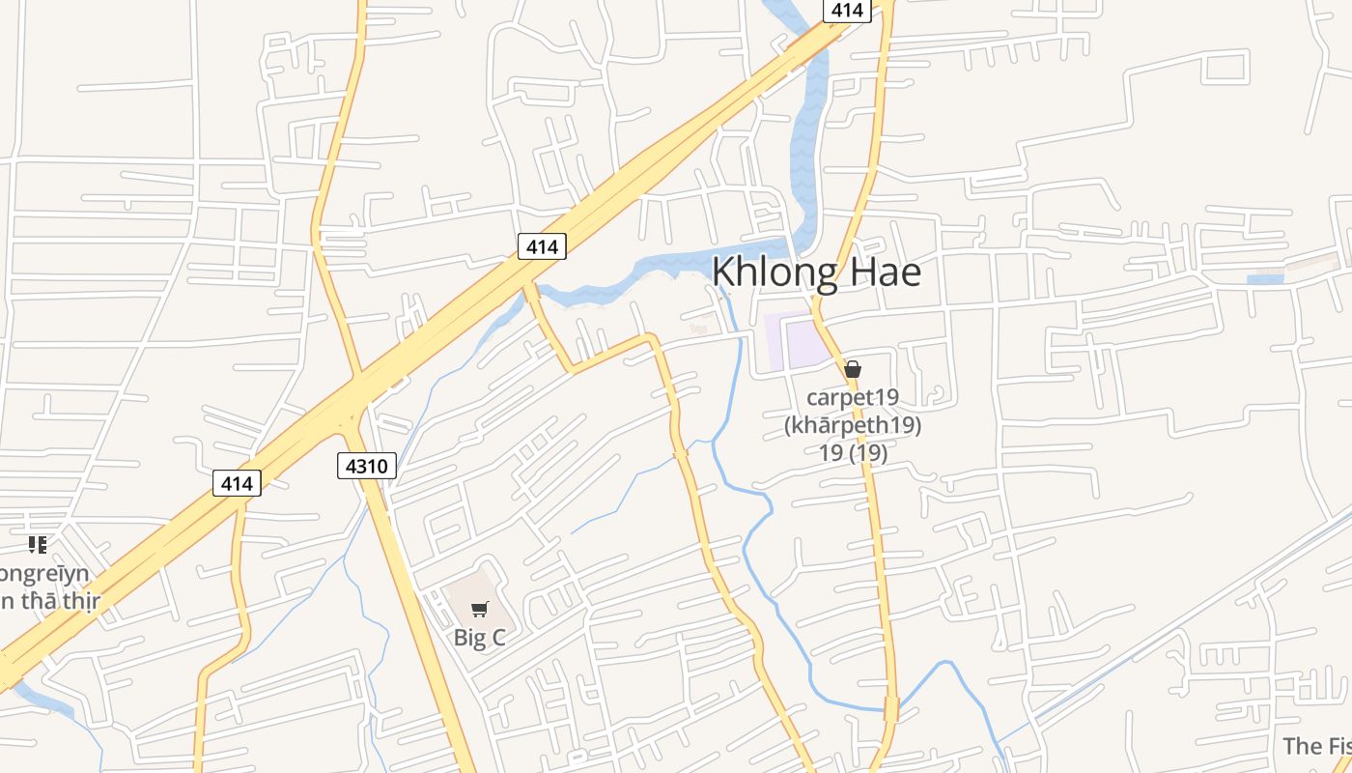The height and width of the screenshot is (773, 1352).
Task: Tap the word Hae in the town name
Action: click(x=885, y=272)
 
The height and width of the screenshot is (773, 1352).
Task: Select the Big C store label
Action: click(x=479, y=638)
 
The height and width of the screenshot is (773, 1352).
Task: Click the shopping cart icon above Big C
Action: click(x=479, y=609)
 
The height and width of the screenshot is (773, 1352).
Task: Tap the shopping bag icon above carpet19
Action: click(x=853, y=369)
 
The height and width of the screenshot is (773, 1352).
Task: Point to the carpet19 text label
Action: click(x=853, y=397)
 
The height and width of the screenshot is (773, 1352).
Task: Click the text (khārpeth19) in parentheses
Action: click(x=853, y=425)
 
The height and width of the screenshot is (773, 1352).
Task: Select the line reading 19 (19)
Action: click(x=853, y=451)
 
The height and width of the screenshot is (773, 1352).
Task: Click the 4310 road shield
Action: click(x=367, y=466)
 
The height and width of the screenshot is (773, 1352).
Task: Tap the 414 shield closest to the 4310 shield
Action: click(x=237, y=482)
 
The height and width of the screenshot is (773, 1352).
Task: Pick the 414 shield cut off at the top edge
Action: click(x=847, y=10)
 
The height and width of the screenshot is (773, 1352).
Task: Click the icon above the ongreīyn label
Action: click(x=37, y=545)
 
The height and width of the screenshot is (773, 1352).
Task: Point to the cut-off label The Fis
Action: click(x=1316, y=745)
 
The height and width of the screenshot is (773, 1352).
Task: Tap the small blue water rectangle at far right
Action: click(x=1265, y=280)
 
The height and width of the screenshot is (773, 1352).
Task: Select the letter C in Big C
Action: click(x=497, y=638)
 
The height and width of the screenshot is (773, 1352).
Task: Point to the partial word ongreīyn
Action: click(x=44, y=574)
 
